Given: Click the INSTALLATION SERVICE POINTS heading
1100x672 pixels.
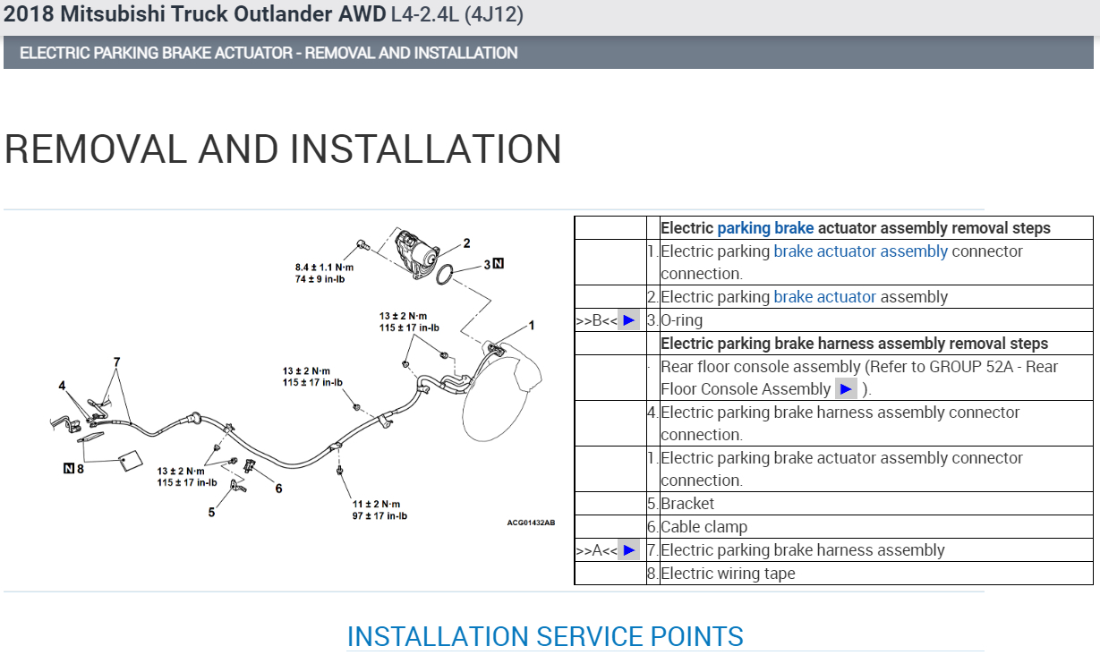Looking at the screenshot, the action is click(x=545, y=636).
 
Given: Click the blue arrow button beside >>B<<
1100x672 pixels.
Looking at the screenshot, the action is click(x=628, y=319).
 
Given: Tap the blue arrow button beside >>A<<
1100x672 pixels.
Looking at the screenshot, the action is click(x=628, y=550).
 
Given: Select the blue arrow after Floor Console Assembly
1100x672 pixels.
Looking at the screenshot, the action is click(x=846, y=389).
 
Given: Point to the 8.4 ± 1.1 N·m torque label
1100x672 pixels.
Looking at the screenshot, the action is click(x=324, y=268).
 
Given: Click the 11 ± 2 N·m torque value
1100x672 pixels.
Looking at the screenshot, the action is click(x=376, y=504).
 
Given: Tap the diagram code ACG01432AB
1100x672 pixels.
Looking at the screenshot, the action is click(x=531, y=523).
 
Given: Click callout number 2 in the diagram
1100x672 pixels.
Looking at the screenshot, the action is click(x=466, y=242).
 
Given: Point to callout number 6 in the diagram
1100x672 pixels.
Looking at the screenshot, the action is click(x=278, y=489).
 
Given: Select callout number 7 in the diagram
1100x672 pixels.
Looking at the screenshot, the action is click(x=116, y=362).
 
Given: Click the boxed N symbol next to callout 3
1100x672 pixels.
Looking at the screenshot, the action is click(x=499, y=264).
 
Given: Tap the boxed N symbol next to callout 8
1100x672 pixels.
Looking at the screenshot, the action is click(x=69, y=468).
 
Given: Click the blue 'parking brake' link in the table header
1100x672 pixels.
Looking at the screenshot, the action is click(x=765, y=228).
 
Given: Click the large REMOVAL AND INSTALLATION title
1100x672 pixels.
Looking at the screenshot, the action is click(x=283, y=149).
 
